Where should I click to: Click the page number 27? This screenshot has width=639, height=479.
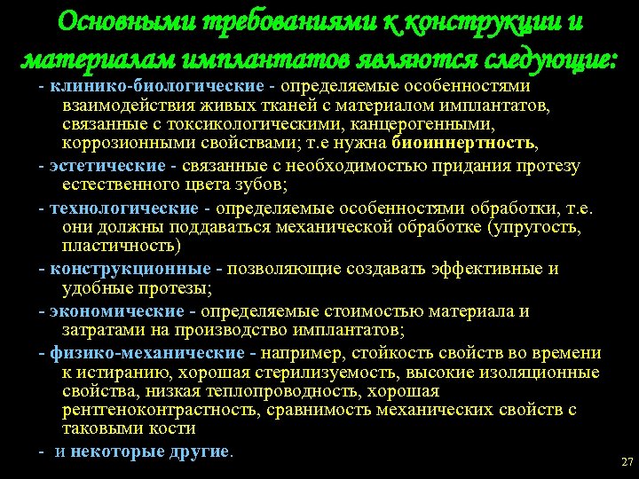point(627,462)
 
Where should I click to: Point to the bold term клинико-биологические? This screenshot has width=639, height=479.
point(157,87)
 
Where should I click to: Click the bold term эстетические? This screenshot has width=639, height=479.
point(107,166)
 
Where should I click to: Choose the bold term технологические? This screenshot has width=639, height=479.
point(123,208)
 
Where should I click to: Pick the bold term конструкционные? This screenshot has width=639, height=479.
point(130,269)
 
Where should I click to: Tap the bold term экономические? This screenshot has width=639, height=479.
point(117,311)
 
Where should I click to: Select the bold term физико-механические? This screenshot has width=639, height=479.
point(148,353)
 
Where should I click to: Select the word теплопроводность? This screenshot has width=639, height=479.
point(273,391)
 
